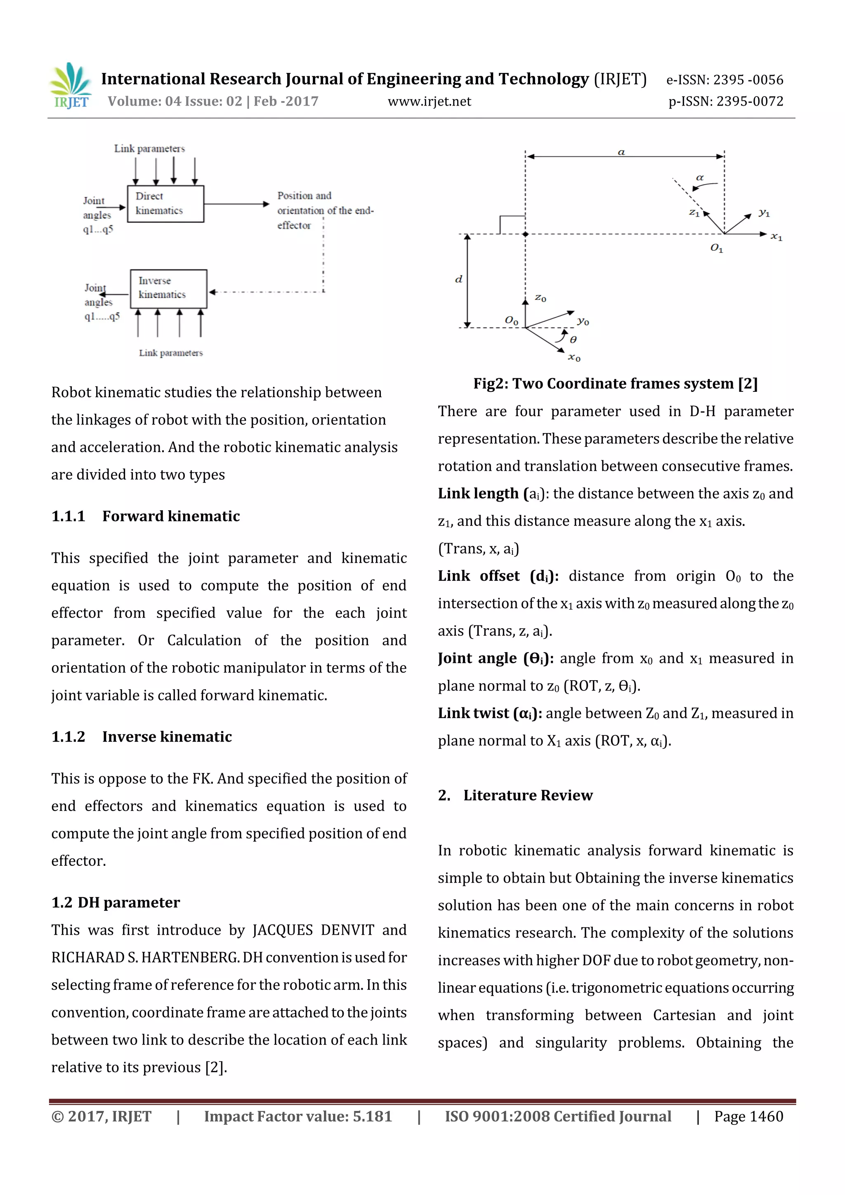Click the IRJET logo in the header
coord(70,86)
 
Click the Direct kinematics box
coord(165,203)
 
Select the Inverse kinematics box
coord(168,288)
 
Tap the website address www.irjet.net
coord(429,101)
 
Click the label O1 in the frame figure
coord(716,248)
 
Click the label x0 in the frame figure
coord(574,358)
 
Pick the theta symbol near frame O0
coord(573,339)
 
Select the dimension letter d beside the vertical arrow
coord(458,280)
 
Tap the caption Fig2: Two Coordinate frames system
coord(615,384)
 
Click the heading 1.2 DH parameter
coord(116,902)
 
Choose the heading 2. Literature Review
coord(515,795)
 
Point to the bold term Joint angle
coord(477,658)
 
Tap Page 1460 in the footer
coord(748,1116)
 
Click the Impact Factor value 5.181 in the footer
coord(372,1116)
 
